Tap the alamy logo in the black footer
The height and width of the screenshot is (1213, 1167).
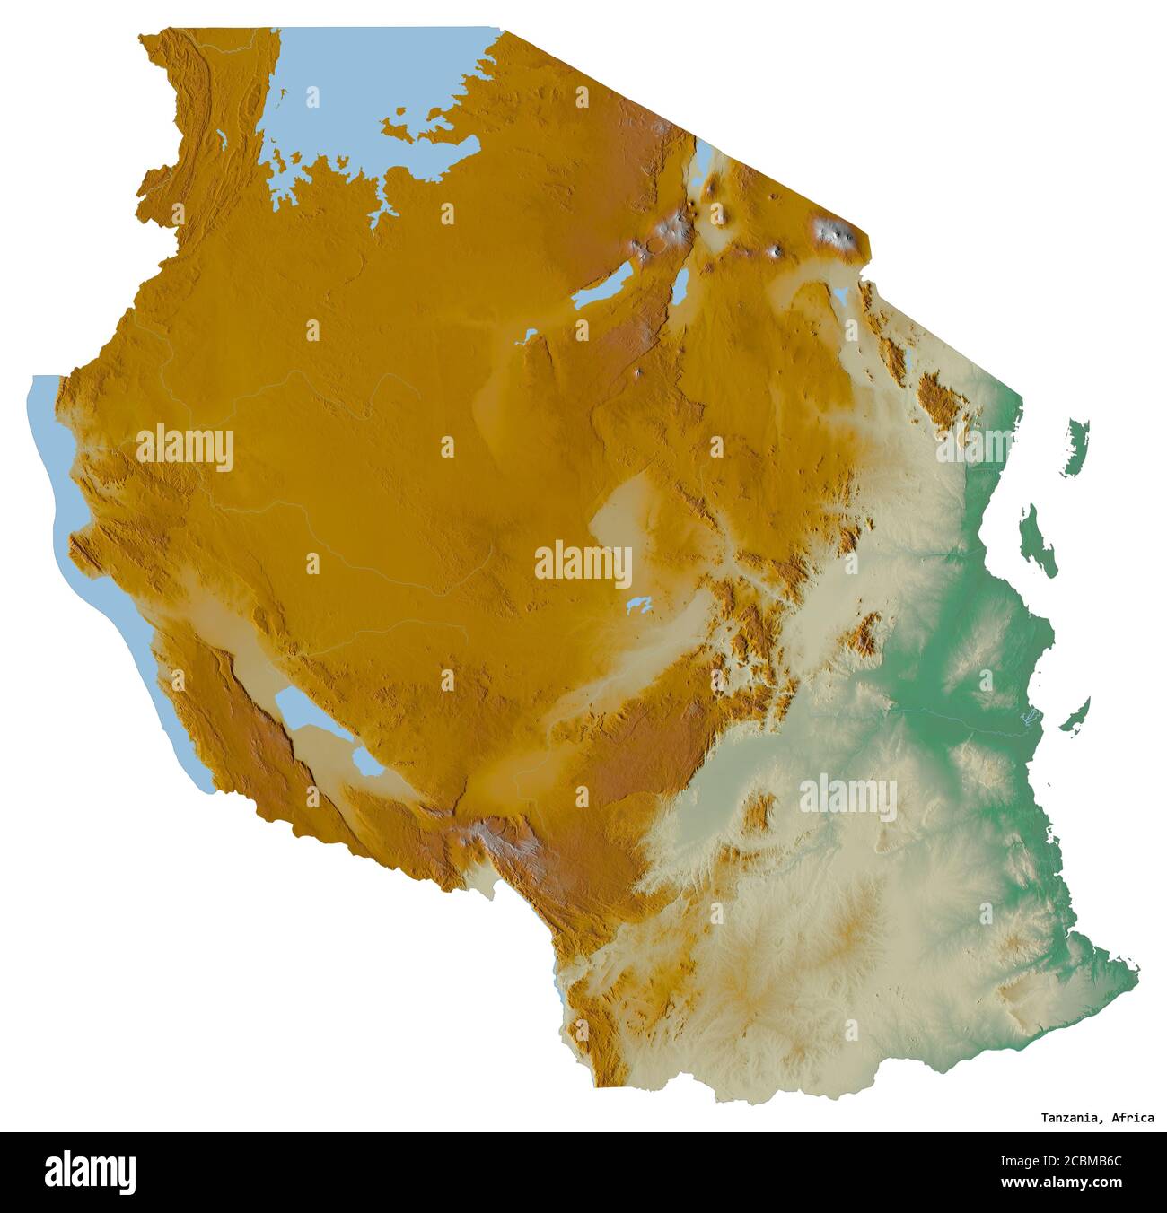coord(91,1172)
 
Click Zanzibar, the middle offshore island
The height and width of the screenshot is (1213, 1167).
coord(1040,540)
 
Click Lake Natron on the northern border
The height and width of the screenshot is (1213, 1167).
coord(702,165)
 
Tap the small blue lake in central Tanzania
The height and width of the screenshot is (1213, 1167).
coord(639,605)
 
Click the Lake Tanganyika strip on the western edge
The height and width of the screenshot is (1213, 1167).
coord(90,574)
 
